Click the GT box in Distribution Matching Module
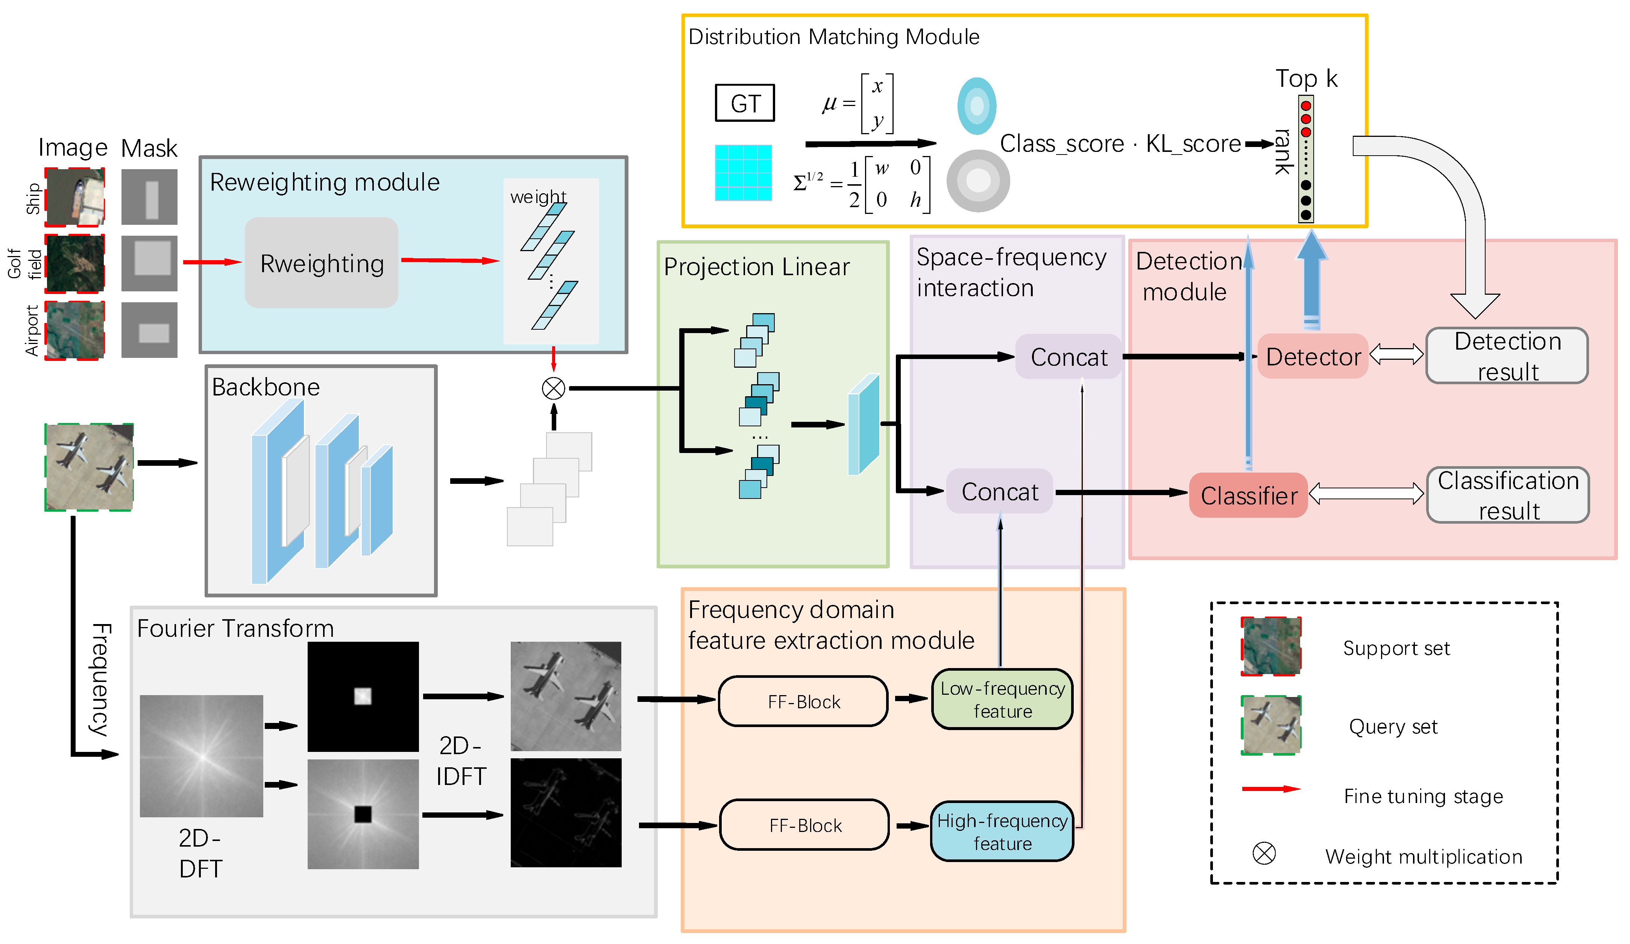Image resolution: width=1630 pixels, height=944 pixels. coord(745,103)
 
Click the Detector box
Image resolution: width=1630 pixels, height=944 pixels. coord(1313,356)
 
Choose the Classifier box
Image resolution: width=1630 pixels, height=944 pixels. coord(1248,495)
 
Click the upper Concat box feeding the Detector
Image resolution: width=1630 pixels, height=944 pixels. coord(1068,357)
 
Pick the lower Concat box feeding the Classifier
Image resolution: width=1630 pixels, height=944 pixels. coord(999,491)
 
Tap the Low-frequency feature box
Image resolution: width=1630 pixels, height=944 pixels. coord(1002,699)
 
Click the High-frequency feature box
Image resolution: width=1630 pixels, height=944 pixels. coord(1002,832)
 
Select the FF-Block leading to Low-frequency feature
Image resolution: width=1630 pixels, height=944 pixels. coord(803,702)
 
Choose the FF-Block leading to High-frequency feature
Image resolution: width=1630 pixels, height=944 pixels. coord(804,825)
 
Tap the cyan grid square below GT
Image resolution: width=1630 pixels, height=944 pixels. coord(743,173)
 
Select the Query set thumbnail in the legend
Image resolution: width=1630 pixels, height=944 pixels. coord(1270,725)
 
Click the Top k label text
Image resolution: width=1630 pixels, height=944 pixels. coord(1306,78)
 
